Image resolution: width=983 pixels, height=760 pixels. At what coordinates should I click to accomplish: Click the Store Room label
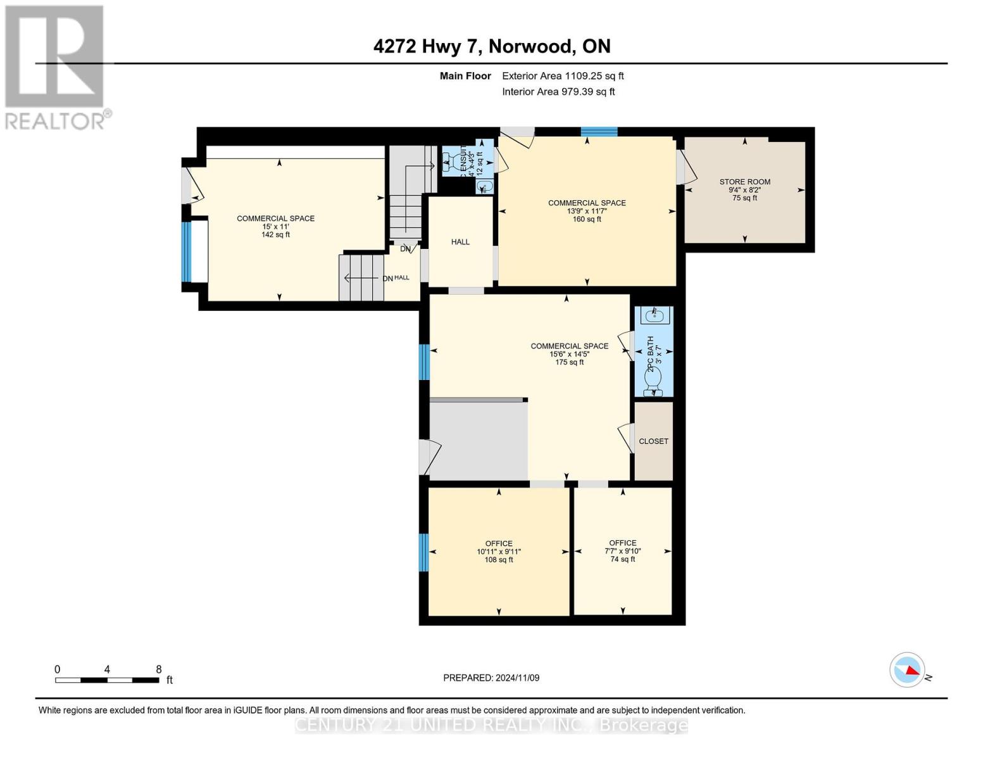click(x=744, y=189)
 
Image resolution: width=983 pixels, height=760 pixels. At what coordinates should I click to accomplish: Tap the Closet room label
click(x=653, y=441)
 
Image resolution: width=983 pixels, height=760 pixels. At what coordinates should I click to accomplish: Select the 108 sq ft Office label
click(x=499, y=552)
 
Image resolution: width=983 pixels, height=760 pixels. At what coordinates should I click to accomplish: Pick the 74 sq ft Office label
click(x=623, y=551)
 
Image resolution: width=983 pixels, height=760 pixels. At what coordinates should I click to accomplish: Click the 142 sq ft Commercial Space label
click(x=275, y=226)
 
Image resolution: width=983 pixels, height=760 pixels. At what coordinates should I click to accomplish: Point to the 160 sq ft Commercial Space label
click(x=587, y=211)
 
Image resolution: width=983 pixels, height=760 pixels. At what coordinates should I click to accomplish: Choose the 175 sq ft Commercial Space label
click(x=569, y=354)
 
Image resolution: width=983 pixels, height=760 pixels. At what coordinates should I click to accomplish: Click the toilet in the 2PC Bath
click(x=653, y=379)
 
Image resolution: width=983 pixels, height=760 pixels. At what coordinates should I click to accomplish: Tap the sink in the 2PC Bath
click(x=654, y=315)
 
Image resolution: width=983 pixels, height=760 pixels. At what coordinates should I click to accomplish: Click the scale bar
click(x=107, y=680)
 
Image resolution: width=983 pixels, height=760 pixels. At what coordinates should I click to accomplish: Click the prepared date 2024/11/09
click(x=491, y=678)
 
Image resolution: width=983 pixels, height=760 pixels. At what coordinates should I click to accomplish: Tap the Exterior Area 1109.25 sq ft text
click(x=563, y=76)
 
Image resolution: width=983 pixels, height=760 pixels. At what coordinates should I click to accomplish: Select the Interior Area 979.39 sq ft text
click(x=558, y=92)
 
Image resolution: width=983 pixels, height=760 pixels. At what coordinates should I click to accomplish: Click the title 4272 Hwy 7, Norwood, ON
click(x=492, y=46)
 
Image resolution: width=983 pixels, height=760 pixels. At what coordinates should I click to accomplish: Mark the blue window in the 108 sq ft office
click(x=424, y=552)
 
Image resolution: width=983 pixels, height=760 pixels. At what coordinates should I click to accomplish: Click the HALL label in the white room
click(x=460, y=242)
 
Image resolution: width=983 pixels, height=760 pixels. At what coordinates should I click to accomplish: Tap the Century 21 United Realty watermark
click(x=491, y=725)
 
